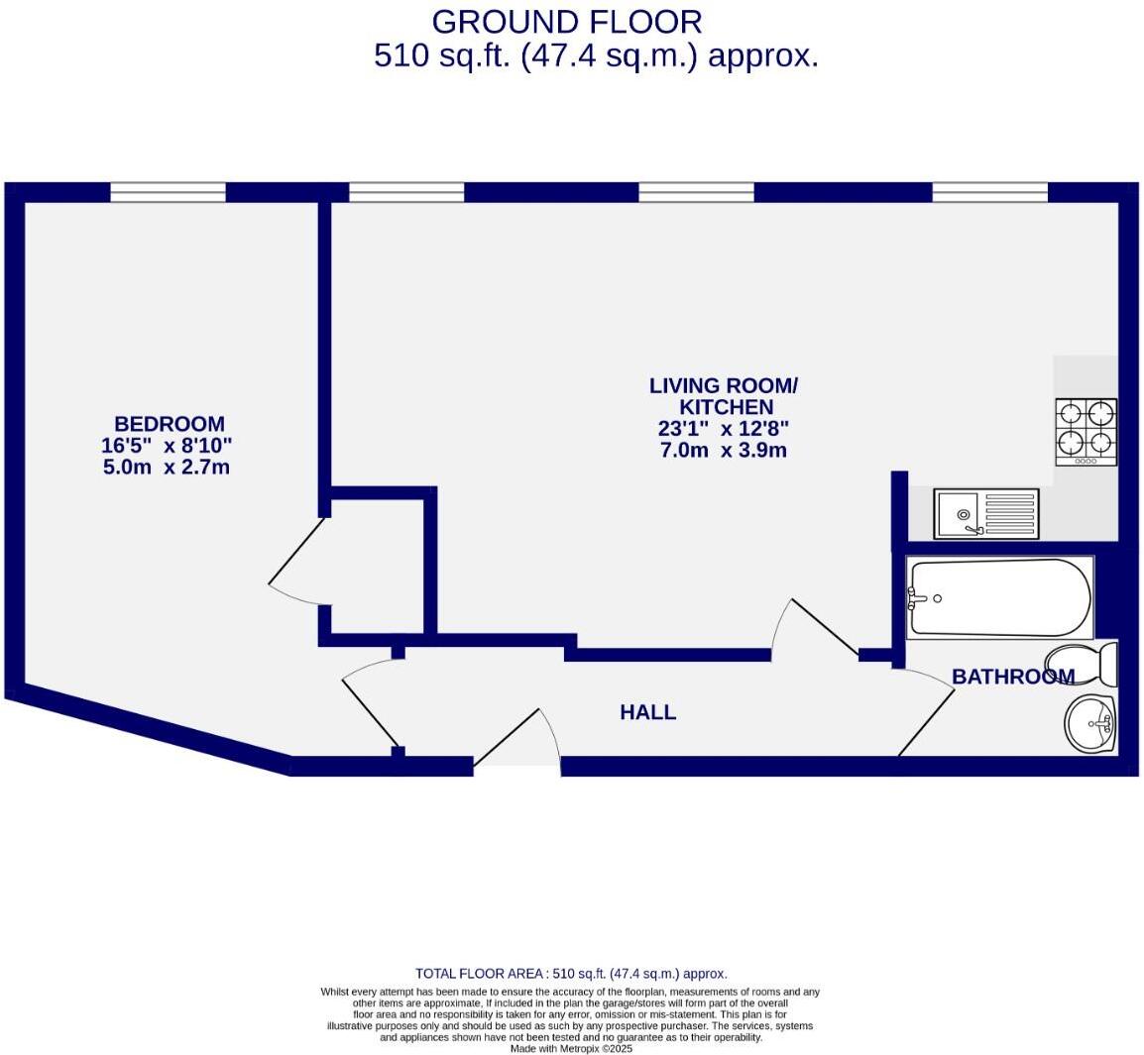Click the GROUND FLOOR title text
(566, 21)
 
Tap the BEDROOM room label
(169, 424)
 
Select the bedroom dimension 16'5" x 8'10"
(167, 446)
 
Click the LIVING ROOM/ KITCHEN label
(723, 396)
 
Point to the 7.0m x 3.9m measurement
(723, 451)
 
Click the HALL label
(647, 711)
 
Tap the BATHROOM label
(1012, 677)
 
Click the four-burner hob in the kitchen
(1086, 431)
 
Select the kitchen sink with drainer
(986, 513)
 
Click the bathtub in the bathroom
(999, 597)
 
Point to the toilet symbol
(1083, 664)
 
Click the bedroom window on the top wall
(168, 192)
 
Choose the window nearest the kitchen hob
(989, 192)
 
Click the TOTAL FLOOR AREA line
(571, 974)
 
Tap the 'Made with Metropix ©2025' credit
(571, 1048)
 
